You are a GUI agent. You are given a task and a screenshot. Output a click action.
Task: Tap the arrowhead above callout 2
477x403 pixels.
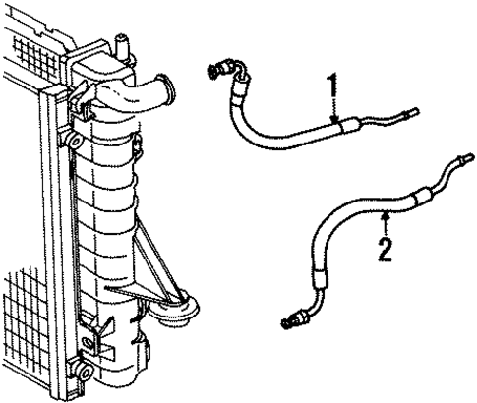point(386,210)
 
